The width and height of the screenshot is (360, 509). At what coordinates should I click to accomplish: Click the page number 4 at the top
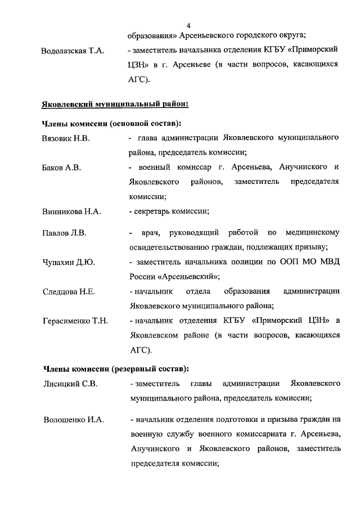(x=188, y=26)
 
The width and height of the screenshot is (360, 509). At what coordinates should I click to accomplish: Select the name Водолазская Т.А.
(x=73, y=51)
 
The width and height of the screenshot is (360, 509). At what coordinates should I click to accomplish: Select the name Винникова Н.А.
(x=71, y=212)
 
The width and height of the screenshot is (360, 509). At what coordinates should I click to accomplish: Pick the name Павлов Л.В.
(x=64, y=233)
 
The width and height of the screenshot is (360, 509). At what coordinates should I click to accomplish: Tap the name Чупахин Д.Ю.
(x=68, y=262)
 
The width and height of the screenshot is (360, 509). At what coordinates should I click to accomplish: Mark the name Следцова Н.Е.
(x=69, y=291)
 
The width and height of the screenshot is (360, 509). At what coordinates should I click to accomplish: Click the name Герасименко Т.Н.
(x=75, y=321)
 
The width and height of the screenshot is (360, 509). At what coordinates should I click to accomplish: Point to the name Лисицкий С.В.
(x=70, y=384)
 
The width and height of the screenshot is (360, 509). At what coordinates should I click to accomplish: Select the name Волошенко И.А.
(x=74, y=420)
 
